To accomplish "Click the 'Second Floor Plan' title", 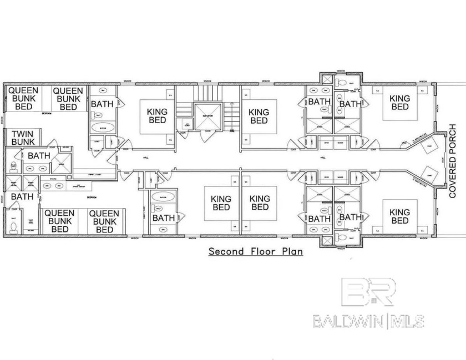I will [256, 251].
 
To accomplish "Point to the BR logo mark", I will [368, 292].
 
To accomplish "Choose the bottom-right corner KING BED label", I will [399, 216].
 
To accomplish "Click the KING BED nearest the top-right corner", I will [399, 103].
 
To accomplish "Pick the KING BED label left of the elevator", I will [157, 115].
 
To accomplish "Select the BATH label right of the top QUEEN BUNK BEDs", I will [103, 104].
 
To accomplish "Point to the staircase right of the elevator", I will [230, 116].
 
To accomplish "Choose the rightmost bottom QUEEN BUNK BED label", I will [104, 221].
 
